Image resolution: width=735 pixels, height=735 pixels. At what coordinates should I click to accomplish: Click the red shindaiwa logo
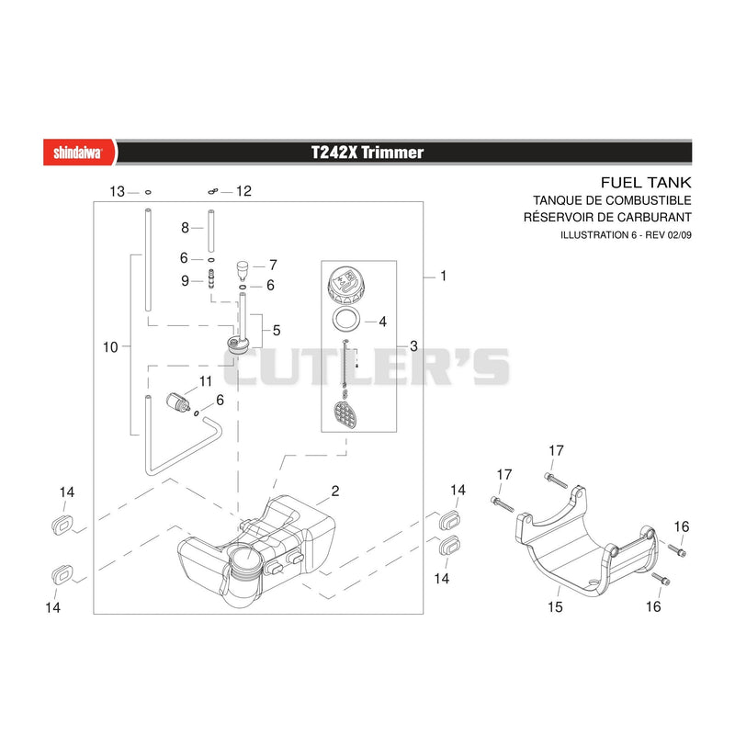coord(79,153)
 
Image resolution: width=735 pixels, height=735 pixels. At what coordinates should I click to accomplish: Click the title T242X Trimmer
coord(367,153)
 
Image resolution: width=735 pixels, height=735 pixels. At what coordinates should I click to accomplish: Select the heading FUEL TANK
coord(646,182)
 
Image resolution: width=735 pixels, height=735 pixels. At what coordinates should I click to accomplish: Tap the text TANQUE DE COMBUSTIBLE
coord(612,200)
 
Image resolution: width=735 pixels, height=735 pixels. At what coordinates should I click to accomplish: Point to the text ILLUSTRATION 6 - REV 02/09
coord(626,235)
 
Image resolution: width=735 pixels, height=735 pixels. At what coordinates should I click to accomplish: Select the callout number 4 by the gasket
coord(382,322)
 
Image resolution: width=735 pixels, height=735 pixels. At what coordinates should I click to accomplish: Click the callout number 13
coord(118,192)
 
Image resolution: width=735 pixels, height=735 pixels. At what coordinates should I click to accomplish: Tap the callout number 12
coord(243,191)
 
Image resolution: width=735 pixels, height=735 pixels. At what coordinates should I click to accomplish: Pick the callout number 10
coord(110,347)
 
